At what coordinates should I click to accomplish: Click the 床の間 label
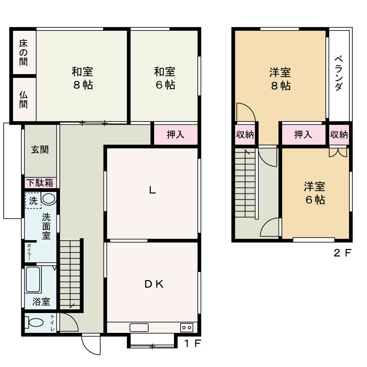(23, 52)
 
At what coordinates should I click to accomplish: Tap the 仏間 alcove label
(23, 99)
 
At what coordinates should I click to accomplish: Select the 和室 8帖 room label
(82, 78)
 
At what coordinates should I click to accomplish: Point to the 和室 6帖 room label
(165, 78)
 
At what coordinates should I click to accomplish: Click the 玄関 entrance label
(40, 150)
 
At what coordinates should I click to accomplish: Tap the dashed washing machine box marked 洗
(33, 200)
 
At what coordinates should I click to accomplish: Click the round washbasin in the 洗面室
(48, 199)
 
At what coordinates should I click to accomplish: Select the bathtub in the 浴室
(33, 279)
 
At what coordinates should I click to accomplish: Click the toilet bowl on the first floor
(34, 323)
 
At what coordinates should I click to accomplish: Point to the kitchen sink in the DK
(139, 327)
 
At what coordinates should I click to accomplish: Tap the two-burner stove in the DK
(186, 327)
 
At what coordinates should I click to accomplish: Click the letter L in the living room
(152, 190)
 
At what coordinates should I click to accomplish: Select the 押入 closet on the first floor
(175, 135)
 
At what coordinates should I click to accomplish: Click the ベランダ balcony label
(339, 73)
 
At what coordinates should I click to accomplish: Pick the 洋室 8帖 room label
(280, 79)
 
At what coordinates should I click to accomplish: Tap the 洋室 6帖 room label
(315, 193)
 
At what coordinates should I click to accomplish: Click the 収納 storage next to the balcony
(339, 135)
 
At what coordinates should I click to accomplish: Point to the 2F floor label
(342, 253)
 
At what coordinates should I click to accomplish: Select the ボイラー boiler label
(29, 252)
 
